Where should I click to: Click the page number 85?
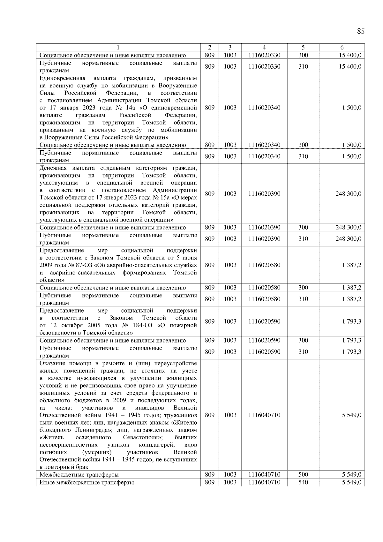[x=360, y=31]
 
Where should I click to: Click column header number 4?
[x=264, y=47]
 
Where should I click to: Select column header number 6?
[x=342, y=47]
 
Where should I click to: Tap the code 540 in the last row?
[x=303, y=482]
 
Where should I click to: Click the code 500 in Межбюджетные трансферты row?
[x=303, y=475]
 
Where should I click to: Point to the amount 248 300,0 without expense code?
[x=348, y=194]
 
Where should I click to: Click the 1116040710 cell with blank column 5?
[x=264, y=415]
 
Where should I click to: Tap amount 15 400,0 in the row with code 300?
[x=350, y=55]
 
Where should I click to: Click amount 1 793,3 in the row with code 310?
[x=351, y=352]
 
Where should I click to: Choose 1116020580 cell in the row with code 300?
[x=264, y=288]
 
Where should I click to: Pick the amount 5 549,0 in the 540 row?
[x=351, y=482]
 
